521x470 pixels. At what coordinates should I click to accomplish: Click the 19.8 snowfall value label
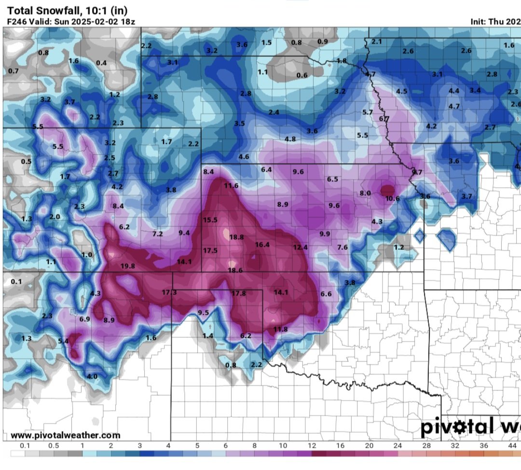(128, 266)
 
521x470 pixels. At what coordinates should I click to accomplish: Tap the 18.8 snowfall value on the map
(236, 237)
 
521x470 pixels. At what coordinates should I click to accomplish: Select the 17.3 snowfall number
(169, 292)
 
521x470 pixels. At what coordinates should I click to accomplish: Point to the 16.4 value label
(262, 245)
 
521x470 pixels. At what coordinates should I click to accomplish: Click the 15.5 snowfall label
(210, 220)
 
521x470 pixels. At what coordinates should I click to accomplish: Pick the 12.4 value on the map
(300, 248)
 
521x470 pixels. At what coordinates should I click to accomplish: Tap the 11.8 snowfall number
(280, 330)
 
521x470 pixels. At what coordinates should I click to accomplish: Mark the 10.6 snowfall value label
(393, 198)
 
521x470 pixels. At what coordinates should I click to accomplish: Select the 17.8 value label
(238, 293)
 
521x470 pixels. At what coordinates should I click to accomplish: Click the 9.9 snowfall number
(325, 234)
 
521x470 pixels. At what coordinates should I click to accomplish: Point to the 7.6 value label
(342, 248)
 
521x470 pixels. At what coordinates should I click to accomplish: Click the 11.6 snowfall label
(231, 185)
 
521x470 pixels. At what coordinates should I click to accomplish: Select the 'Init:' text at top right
(480, 21)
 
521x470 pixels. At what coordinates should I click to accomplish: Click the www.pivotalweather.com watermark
(65, 435)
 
